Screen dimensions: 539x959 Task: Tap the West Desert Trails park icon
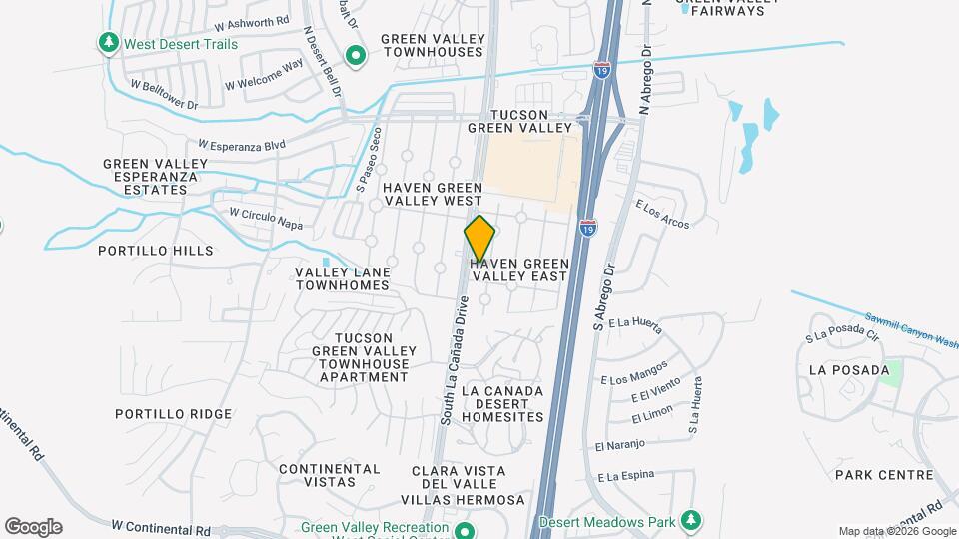108,43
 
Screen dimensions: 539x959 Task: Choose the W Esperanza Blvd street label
242,145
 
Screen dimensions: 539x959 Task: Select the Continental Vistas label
330,475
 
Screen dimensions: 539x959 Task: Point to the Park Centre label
884,475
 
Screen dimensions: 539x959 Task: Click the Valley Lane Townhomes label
342,278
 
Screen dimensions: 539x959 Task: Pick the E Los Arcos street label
662,213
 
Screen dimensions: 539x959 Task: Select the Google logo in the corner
33,527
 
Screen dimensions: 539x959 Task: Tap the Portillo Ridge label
173,414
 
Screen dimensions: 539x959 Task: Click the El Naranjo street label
620,443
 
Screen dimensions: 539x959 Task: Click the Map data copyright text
895,531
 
